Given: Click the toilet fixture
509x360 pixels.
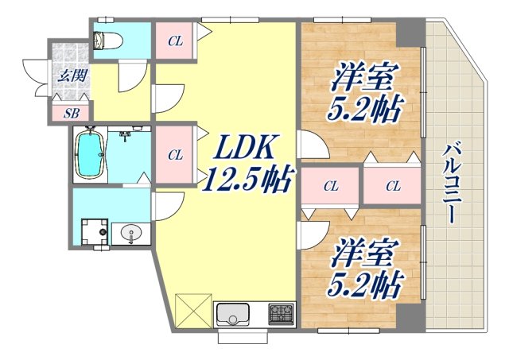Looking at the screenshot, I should [105, 40].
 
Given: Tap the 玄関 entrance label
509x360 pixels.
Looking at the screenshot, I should [70, 78].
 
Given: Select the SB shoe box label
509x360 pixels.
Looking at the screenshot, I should [71, 113].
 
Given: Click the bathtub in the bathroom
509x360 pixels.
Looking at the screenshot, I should [89, 156].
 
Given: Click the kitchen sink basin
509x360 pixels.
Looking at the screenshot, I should [232, 315].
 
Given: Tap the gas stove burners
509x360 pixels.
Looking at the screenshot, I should [281, 313].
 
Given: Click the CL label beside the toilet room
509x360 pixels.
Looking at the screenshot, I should [176, 41].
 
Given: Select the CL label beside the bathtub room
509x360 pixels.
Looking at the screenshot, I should [176, 154].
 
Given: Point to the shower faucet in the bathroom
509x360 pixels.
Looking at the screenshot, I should [125, 137].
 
